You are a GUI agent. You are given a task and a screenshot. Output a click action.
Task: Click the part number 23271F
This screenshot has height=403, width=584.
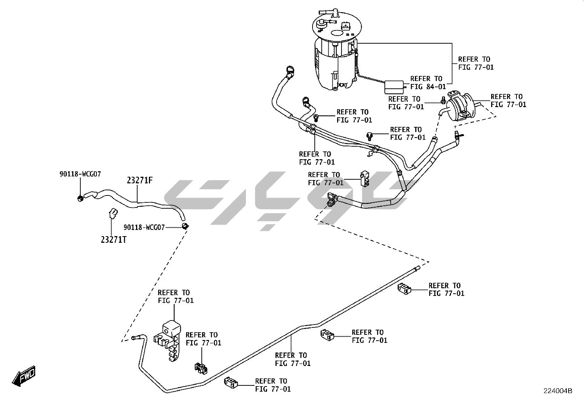click(x=140, y=181)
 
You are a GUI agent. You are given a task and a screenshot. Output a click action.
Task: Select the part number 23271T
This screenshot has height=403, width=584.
click(x=114, y=240)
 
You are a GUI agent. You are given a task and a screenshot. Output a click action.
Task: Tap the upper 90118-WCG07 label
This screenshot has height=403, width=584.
click(x=80, y=174)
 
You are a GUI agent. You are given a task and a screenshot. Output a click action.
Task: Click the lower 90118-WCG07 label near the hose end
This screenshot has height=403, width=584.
click(x=144, y=227)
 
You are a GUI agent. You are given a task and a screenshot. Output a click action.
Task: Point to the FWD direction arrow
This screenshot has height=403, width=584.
click(x=24, y=376)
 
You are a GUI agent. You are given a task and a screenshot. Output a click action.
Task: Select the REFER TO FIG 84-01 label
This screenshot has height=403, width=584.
click(x=428, y=83)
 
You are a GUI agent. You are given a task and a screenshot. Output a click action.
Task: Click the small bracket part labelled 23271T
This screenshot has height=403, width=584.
click(x=113, y=213)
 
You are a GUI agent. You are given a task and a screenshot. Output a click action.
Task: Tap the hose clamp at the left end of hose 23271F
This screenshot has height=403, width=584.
click(x=80, y=198)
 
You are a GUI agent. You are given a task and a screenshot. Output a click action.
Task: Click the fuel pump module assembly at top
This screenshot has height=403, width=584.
click(x=336, y=51)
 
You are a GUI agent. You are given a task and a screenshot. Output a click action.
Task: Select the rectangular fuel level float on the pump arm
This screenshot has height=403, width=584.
click(x=394, y=87)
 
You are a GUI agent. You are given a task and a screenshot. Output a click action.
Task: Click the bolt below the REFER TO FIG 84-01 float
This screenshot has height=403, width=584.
click(x=370, y=136)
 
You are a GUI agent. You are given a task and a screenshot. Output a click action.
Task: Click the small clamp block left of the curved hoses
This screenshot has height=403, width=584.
click(x=364, y=178)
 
